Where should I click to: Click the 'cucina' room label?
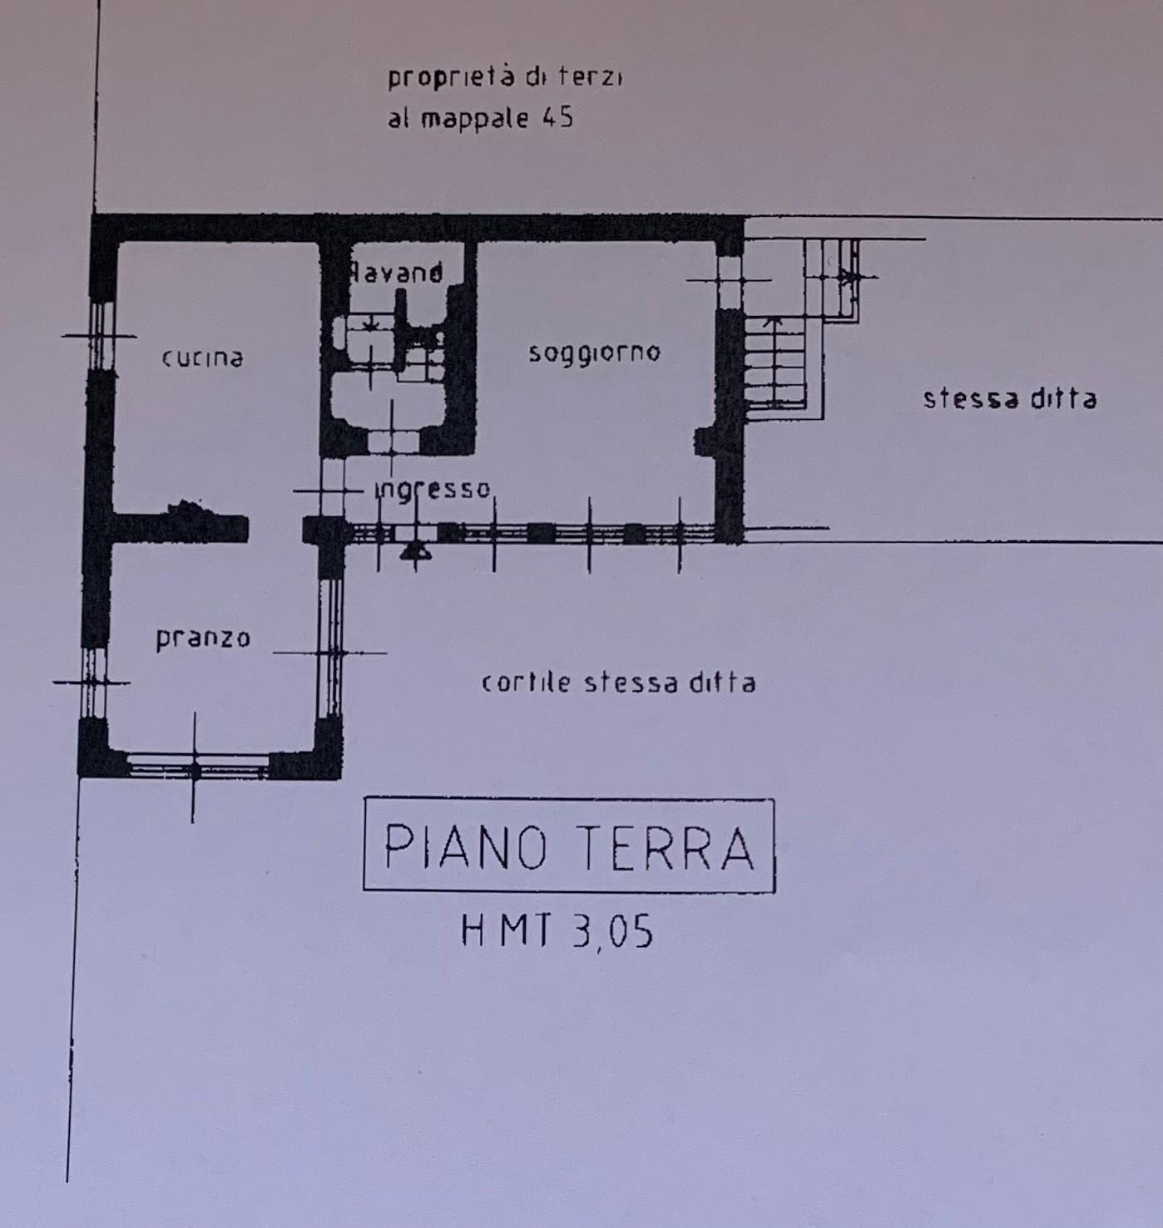pos(202,358)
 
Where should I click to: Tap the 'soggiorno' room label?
pos(594,353)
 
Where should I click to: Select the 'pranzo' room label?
pos(203,639)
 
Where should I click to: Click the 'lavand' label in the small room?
pos(397,273)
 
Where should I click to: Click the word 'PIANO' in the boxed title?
pos(465,846)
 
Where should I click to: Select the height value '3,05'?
pos(612,932)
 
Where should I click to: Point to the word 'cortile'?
pos(527,682)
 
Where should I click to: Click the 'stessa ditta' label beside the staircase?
pos(1010,398)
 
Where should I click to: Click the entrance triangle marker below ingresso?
pos(414,552)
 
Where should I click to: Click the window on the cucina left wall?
pos(101,336)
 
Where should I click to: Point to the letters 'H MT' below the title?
pos(507,930)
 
